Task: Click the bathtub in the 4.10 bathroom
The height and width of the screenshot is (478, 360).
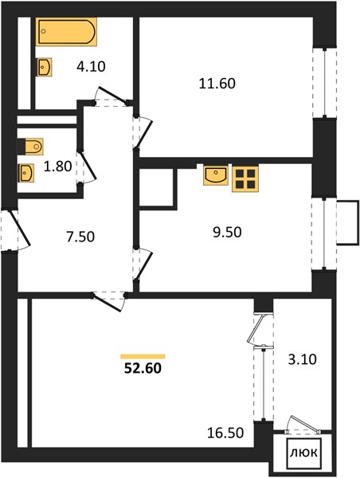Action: tap(66, 32)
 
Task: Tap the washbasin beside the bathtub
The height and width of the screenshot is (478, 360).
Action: tap(44, 67)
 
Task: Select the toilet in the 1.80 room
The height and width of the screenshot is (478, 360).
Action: tap(30, 147)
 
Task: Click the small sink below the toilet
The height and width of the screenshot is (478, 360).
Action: tap(26, 173)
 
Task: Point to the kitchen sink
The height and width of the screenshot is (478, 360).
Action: tap(216, 175)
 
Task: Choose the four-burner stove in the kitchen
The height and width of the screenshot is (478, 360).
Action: tap(245, 178)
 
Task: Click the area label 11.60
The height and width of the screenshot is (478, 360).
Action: tap(217, 84)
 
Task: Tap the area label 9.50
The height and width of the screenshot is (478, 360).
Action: tap(227, 232)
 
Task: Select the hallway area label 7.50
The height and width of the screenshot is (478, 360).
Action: tap(80, 237)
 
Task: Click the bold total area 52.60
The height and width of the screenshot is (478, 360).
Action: tap(143, 368)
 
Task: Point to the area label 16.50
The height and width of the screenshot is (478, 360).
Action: tap(225, 433)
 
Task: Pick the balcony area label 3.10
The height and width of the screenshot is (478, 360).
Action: tap(303, 359)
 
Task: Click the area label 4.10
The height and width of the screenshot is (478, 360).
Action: tap(91, 66)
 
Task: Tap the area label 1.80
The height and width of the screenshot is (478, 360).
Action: tap(57, 167)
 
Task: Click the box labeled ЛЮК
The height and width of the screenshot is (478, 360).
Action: tap(303, 453)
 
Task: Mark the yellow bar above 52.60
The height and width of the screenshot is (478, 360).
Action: tap(143, 356)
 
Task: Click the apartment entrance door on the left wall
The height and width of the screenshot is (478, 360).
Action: tap(16, 229)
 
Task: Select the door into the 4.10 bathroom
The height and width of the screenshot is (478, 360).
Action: tap(112, 97)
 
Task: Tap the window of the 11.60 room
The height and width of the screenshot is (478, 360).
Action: tap(325, 82)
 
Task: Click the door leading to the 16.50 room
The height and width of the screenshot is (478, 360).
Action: tap(110, 301)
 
